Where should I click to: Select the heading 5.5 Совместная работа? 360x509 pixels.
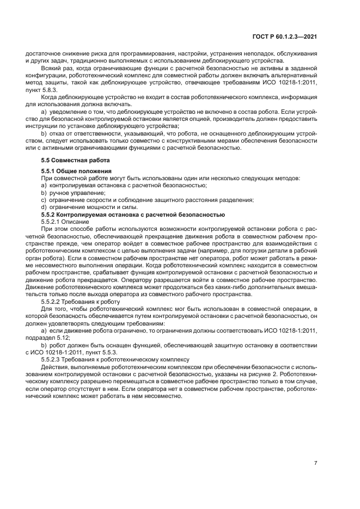pyautogui.click(x=76, y=160)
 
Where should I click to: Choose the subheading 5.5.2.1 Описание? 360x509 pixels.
pyautogui.click(x=65, y=222)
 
